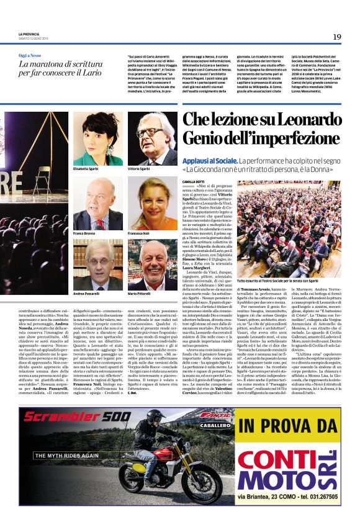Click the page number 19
coord(336,37)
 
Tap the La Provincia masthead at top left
coord(29,34)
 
